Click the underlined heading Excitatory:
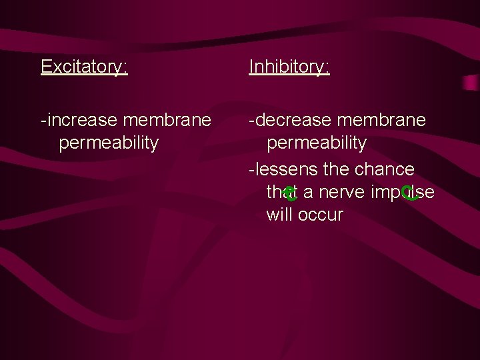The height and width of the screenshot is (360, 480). pos(84,67)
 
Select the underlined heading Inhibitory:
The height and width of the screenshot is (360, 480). pos(289,67)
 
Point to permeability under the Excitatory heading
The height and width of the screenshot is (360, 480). pos(109,143)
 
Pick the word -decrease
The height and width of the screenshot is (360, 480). pos(289,120)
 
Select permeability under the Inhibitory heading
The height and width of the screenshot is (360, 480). pos(317,143)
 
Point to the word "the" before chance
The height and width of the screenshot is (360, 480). pos(336,169)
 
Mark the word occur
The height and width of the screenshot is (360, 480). pos(321,215)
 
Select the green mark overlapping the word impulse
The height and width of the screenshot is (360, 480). pos(410,194)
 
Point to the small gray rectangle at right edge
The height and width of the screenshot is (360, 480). pos(471,82)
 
